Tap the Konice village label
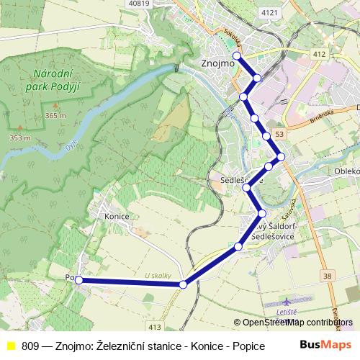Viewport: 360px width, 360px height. [x=116, y=215]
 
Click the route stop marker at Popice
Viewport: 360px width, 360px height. [x=79, y=280]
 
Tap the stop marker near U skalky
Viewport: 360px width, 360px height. [x=183, y=285]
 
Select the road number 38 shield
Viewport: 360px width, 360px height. [x=328, y=276]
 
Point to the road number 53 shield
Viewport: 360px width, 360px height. [x=279, y=134]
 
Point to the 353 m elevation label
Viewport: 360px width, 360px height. [x=19, y=138]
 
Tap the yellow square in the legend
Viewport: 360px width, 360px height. [x=10, y=345]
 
